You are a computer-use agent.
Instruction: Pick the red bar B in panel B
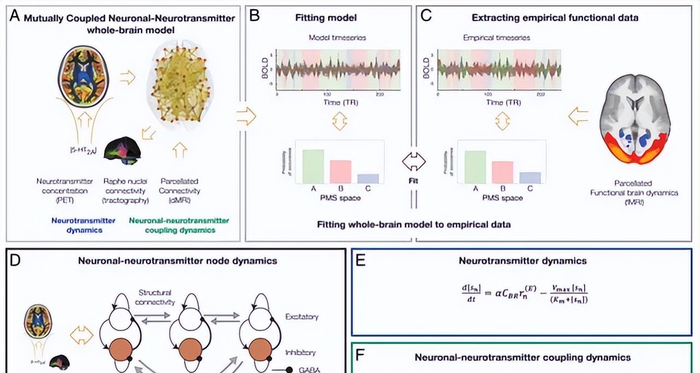pos(340,171)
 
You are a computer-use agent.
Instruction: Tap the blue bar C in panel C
pos(529,177)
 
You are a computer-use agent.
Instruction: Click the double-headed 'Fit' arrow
pos(413,162)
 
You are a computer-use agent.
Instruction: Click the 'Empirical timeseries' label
pos(497,38)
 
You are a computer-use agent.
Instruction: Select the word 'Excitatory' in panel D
pos(302,317)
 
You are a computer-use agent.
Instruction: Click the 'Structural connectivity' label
pos(155,297)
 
